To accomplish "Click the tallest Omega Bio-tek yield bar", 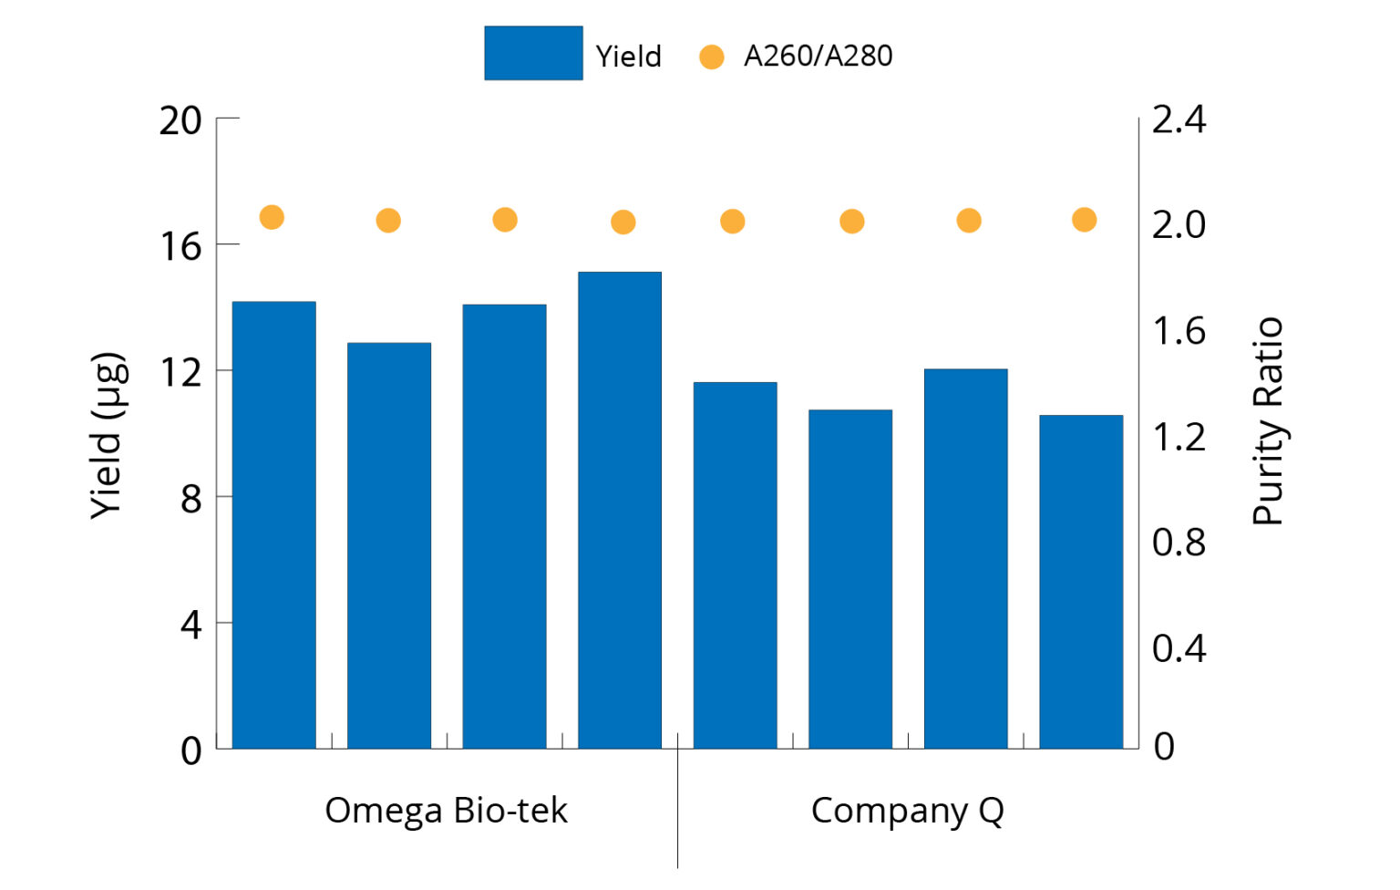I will [620, 511].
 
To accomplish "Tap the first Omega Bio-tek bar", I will [273, 525].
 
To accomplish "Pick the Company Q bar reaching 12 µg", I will [965, 558].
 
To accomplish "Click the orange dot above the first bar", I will [272, 217].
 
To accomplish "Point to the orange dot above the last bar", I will [1084, 220].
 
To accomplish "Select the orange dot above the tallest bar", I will [623, 222].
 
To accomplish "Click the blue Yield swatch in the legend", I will [533, 53].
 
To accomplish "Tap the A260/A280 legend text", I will [818, 57].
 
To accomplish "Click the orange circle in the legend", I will [711, 57].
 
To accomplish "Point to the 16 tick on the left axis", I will [180, 245].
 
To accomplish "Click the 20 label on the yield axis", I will [180, 120].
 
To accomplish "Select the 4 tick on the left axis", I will [190, 625].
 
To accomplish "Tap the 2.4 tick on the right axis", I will [1179, 119].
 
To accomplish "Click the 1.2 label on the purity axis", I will [1179, 438].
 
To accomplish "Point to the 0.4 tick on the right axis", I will [1179, 648].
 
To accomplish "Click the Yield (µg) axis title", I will [108, 436].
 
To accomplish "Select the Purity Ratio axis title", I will [1268, 421].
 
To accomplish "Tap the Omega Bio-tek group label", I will [446, 810].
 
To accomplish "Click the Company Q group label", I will [907, 811].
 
